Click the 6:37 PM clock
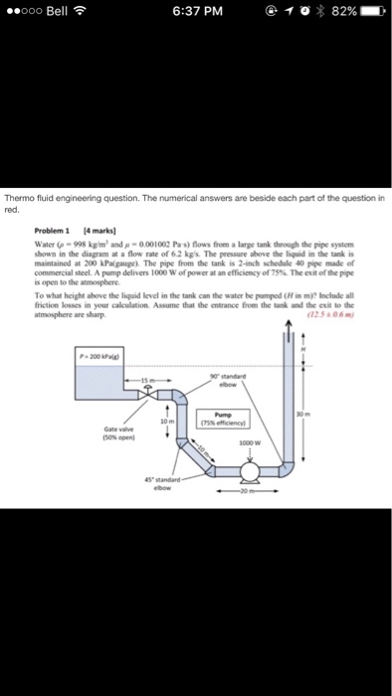[195, 13]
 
